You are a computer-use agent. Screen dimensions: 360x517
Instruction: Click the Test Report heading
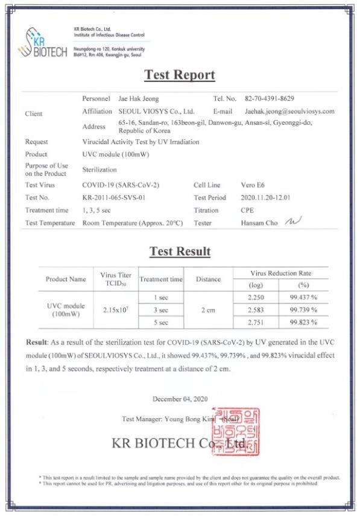click(180, 75)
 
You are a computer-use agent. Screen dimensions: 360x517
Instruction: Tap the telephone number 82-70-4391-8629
click(270, 98)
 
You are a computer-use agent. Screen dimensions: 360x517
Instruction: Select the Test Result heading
click(180, 252)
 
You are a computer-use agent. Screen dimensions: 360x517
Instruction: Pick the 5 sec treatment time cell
click(161, 322)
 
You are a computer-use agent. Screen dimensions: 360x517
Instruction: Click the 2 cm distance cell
click(209, 309)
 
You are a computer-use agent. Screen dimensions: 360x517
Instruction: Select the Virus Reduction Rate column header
click(280, 273)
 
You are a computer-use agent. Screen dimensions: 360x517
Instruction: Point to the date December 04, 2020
click(180, 399)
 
